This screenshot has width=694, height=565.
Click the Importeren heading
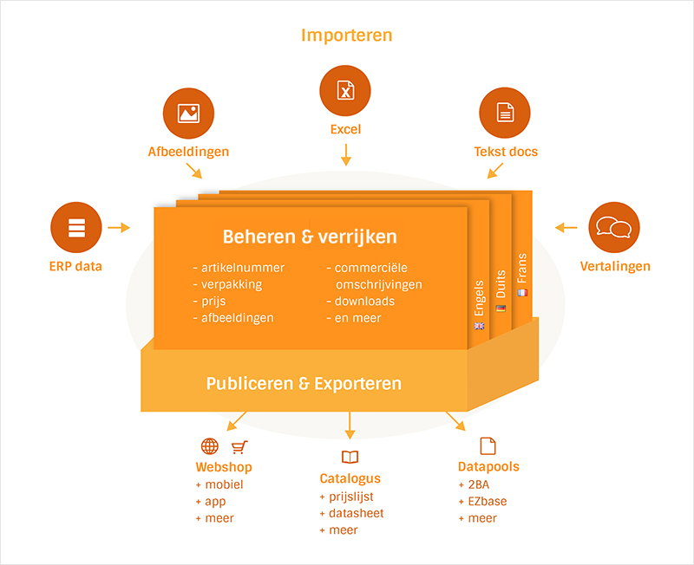(346, 35)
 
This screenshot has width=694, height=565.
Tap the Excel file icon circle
(345, 91)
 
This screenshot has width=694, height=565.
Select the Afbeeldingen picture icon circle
(188, 114)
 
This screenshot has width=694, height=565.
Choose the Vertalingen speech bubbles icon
(614, 229)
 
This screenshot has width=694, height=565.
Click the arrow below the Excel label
(346, 155)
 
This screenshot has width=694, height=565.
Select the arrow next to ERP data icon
(120, 228)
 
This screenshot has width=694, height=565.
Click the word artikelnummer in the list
(243, 268)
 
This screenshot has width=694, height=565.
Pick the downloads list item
(365, 302)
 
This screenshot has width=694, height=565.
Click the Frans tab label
(522, 269)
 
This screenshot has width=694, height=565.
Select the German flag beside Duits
(501, 308)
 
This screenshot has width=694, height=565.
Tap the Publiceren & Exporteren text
(304, 383)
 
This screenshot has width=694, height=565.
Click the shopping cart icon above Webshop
(239, 447)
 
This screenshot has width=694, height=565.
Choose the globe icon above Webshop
(209, 447)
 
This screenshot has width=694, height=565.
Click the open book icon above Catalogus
(350, 457)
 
